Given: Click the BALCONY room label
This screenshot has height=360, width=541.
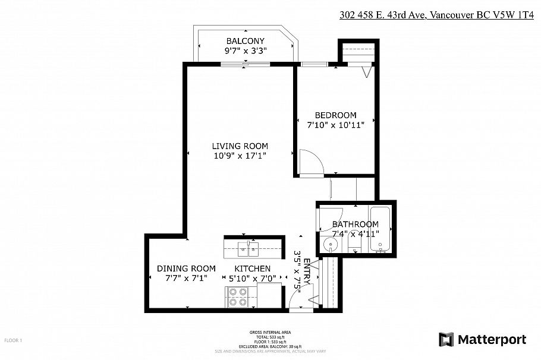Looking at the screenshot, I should [245, 41].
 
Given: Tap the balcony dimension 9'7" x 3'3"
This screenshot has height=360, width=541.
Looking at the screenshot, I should [245, 51].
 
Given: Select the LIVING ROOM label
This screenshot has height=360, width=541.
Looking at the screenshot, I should [240, 146].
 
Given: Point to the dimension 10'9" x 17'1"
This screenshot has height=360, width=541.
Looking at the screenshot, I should [240, 156].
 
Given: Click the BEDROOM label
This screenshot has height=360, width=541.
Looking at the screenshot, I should [335, 115].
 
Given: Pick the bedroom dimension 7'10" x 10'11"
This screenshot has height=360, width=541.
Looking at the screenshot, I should [335, 125].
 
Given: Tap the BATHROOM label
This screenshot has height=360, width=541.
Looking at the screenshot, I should [355, 224].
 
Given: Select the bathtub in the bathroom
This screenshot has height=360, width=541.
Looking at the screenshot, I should [380, 230].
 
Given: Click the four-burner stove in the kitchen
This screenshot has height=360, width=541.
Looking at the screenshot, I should [238, 296].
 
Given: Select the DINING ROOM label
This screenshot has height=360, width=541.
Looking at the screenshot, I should [186, 269].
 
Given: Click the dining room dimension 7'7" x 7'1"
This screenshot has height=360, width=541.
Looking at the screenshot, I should [186, 278].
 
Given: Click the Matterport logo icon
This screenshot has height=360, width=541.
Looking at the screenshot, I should [446, 340].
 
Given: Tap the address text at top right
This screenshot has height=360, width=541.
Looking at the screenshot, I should [435, 15].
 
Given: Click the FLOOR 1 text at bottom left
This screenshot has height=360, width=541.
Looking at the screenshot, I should [13, 340].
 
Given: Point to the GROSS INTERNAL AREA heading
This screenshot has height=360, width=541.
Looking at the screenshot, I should [270, 332].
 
